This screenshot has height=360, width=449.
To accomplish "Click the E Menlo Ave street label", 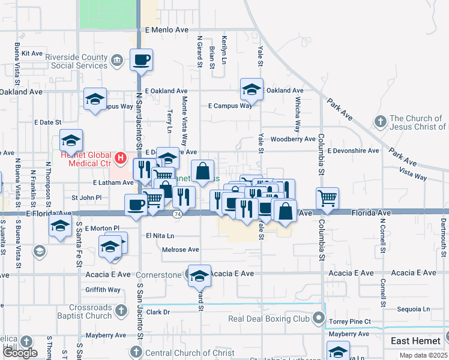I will (x=167, y=29).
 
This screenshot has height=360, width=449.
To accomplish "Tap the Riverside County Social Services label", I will (x=79, y=61).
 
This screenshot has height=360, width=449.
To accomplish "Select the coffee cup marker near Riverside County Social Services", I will (x=141, y=61).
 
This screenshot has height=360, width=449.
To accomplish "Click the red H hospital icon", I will (x=121, y=159).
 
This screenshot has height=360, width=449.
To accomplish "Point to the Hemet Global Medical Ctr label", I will (x=86, y=159).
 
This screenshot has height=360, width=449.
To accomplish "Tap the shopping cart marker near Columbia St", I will (x=327, y=199).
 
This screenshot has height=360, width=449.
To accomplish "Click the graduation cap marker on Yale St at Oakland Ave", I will (x=252, y=90).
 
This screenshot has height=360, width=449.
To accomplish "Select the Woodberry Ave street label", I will (x=293, y=139).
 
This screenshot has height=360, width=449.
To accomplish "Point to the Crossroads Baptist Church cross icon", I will (x=121, y=311).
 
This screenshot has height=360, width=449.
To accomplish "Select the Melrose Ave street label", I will (x=181, y=250).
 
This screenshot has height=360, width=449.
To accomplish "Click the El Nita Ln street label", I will (x=160, y=236).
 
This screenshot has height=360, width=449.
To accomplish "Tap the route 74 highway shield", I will (x=177, y=214).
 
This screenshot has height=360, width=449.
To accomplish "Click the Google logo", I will (x=20, y=353).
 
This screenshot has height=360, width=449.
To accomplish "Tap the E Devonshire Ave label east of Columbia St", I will (x=353, y=151).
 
